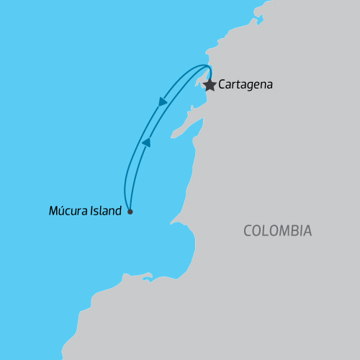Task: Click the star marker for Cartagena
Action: tap(210, 85)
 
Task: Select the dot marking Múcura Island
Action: tap(130, 212)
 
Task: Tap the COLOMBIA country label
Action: tap(277, 231)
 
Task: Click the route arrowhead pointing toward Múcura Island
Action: tap(162, 102)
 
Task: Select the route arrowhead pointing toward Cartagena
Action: tap(146, 143)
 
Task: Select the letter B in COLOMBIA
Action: tap(294, 231)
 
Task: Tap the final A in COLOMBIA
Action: tap(307, 231)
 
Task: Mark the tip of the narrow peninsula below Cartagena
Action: tap(173, 135)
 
